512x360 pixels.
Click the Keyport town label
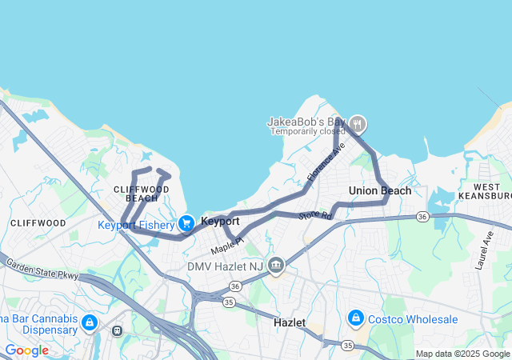[220, 221]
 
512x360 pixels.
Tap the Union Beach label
[380, 190]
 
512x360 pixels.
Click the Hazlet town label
[290, 322]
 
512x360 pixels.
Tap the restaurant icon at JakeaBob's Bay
[358, 124]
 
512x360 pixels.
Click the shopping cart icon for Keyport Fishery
[186, 223]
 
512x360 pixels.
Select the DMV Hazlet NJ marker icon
[276, 265]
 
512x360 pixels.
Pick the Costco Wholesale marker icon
[355, 318]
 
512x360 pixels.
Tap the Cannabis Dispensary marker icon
[90, 322]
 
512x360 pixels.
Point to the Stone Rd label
[315, 215]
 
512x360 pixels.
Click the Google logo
[26, 350]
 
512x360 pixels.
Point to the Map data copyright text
[462, 354]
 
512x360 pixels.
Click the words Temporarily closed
[307, 131]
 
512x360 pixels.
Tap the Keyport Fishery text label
[136, 225]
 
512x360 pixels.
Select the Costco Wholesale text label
[414, 319]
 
